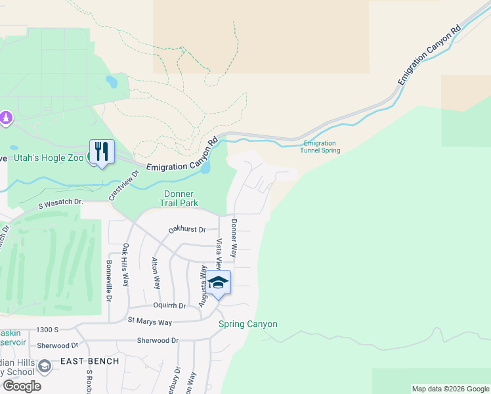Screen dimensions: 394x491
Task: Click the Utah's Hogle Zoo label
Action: pos(47,158)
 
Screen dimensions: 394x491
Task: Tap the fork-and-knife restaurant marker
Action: pos(102,152)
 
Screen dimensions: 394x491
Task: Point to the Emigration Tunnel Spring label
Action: pos(321,147)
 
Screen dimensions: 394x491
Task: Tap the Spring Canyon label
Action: pos(248,324)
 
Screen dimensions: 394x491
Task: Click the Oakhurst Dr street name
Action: pos(187,230)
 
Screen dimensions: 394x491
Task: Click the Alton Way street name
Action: pos(156,273)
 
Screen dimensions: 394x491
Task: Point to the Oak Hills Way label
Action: pos(125,263)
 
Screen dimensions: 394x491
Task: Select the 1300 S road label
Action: pos(48,329)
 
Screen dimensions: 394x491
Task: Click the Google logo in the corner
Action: pos(21,386)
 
